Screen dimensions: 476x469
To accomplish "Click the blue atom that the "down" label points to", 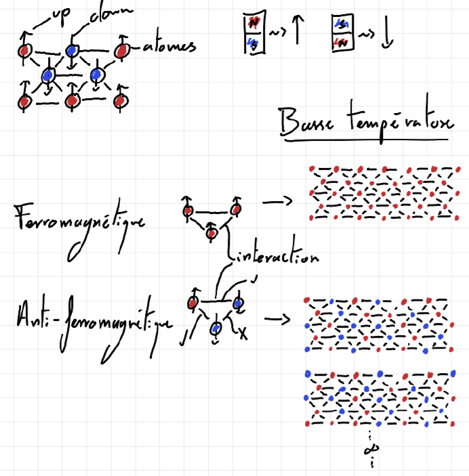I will pyautogui.click(x=73, y=51).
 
